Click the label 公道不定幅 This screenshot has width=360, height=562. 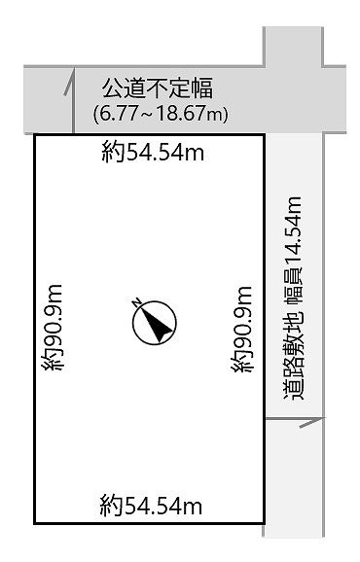point(158,88)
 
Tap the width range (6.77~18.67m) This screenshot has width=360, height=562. point(161,114)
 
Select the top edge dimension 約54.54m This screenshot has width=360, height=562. point(153,152)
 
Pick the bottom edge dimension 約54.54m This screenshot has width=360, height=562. point(151,506)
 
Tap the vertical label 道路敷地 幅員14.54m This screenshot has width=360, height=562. point(293,299)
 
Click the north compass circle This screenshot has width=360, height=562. point(155,323)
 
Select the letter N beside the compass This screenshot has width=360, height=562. point(136,302)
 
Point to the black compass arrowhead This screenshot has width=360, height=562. point(157,325)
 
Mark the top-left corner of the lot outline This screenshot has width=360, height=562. point(35,135)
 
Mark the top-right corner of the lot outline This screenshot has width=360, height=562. point(265,135)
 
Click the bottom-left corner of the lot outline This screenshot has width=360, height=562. point(35,523)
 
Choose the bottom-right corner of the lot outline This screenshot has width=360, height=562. point(265,523)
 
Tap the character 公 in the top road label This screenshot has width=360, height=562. point(113,88)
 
